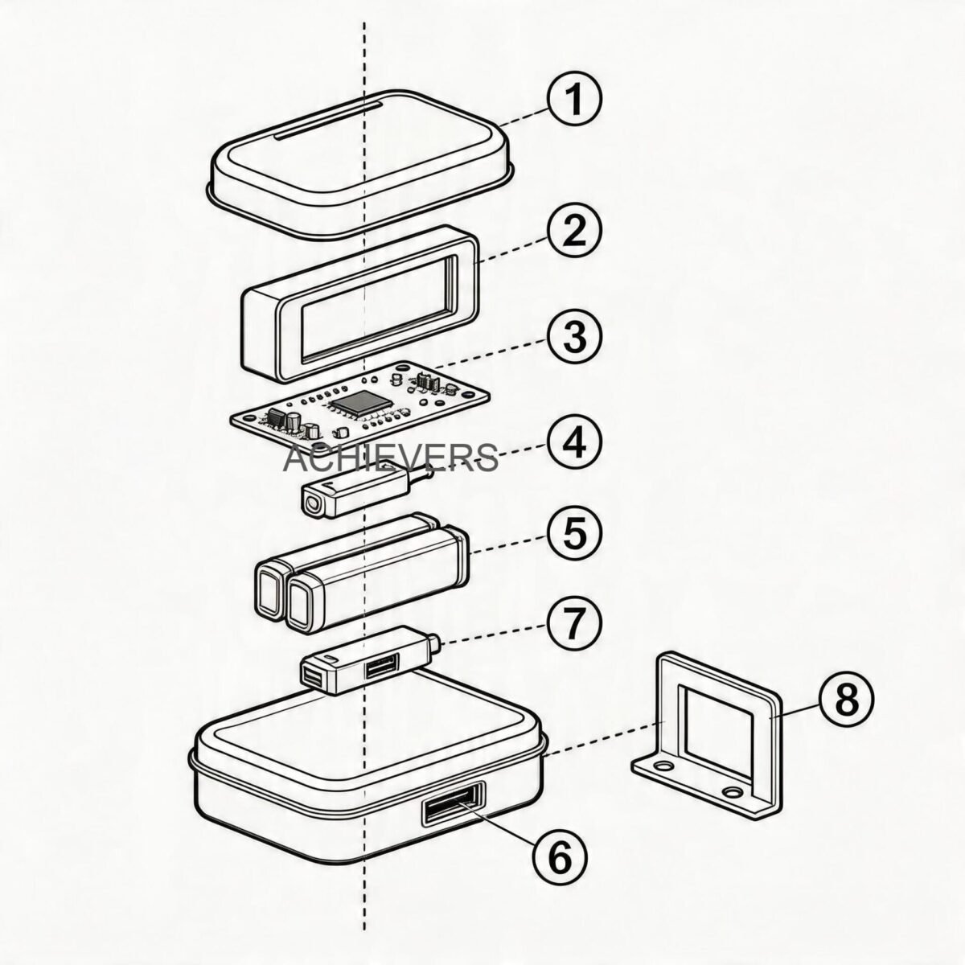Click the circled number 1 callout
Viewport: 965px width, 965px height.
tap(574, 100)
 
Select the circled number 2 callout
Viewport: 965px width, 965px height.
tap(574, 230)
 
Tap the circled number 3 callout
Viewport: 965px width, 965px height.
tap(574, 336)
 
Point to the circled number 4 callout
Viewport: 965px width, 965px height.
tap(574, 442)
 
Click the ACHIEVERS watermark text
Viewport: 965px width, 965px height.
tap(391, 458)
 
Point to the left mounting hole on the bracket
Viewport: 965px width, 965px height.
tap(663, 766)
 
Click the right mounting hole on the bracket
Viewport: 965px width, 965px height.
tap(733, 792)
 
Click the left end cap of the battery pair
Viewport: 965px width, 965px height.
tap(270, 590)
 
